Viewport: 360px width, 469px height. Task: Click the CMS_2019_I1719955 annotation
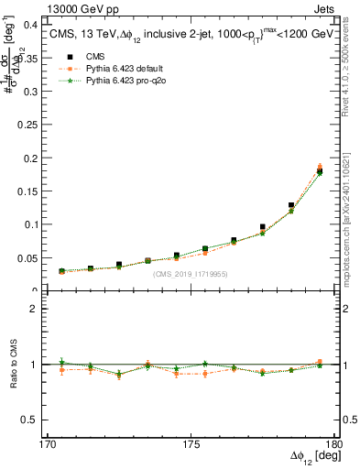[190, 274]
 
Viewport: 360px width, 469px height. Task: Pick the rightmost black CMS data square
[320, 171]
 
